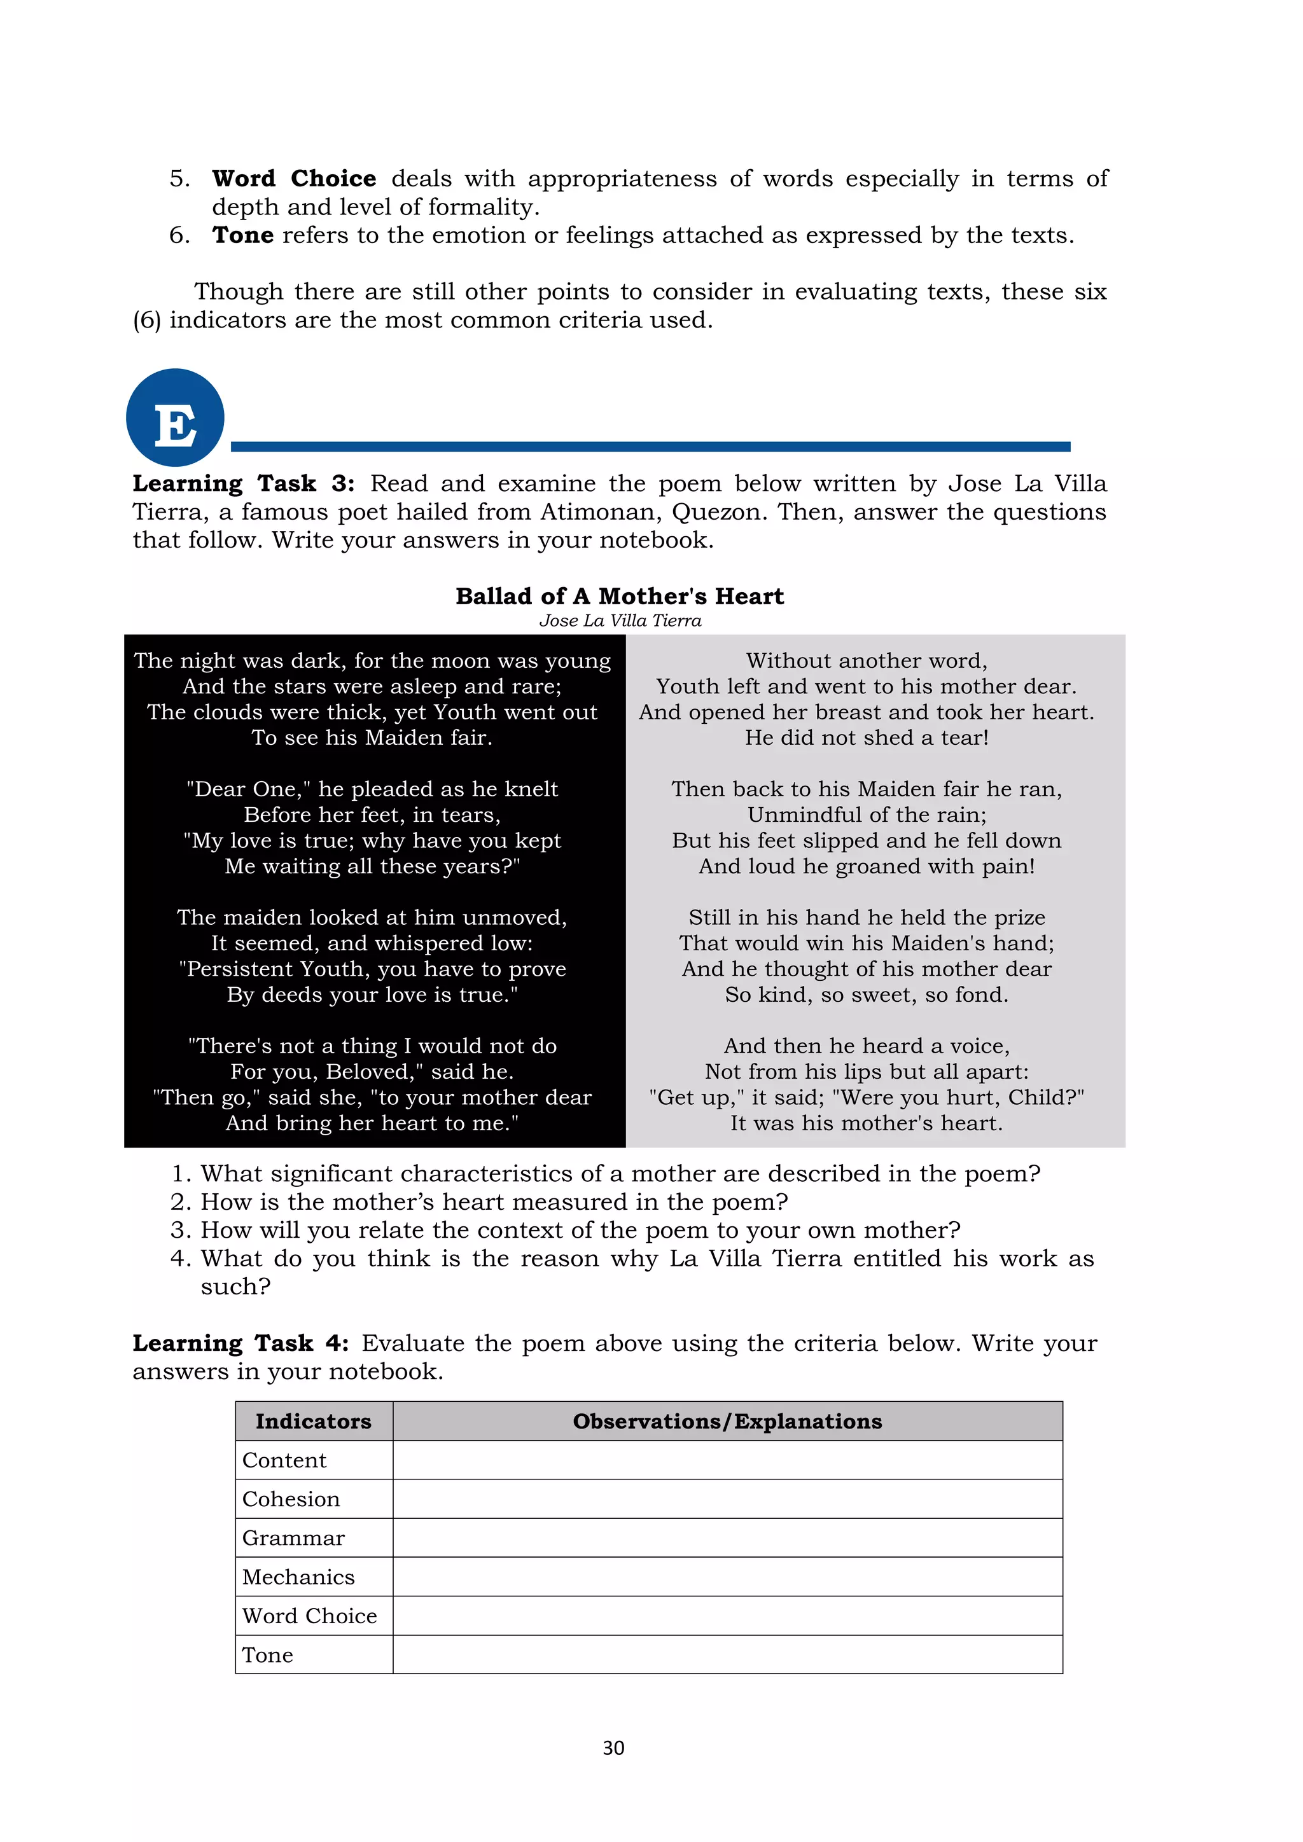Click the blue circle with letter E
click(175, 417)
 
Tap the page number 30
click(613, 1747)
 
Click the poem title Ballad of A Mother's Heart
click(620, 596)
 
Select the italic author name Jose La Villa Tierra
click(620, 620)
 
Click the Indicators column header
click(313, 1421)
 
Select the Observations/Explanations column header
click(727, 1421)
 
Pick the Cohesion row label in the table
click(291, 1499)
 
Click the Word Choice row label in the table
click(310, 1615)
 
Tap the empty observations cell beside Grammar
click(727, 1537)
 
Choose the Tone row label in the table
click(268, 1654)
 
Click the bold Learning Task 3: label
click(243, 484)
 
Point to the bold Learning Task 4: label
click(240, 1343)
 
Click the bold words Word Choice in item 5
click(294, 178)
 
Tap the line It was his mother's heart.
click(866, 1123)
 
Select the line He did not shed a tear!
click(866, 737)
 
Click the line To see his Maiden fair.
click(372, 737)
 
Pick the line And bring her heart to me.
click(372, 1123)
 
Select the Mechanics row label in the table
click(298, 1577)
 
